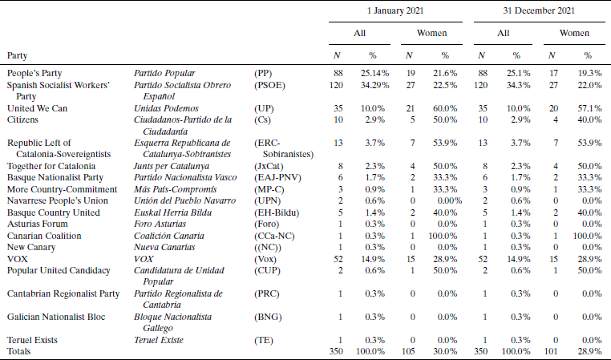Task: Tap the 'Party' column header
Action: point(19,55)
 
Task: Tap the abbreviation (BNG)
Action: point(268,317)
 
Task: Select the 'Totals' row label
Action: point(21,351)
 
